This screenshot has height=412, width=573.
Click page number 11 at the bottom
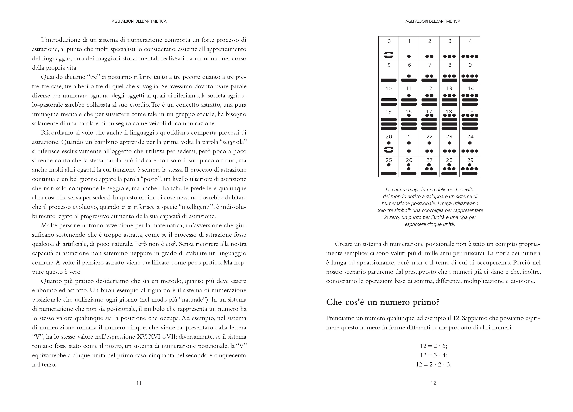139,383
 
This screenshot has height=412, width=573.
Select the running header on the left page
139,22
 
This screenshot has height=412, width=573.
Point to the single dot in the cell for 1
409,56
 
